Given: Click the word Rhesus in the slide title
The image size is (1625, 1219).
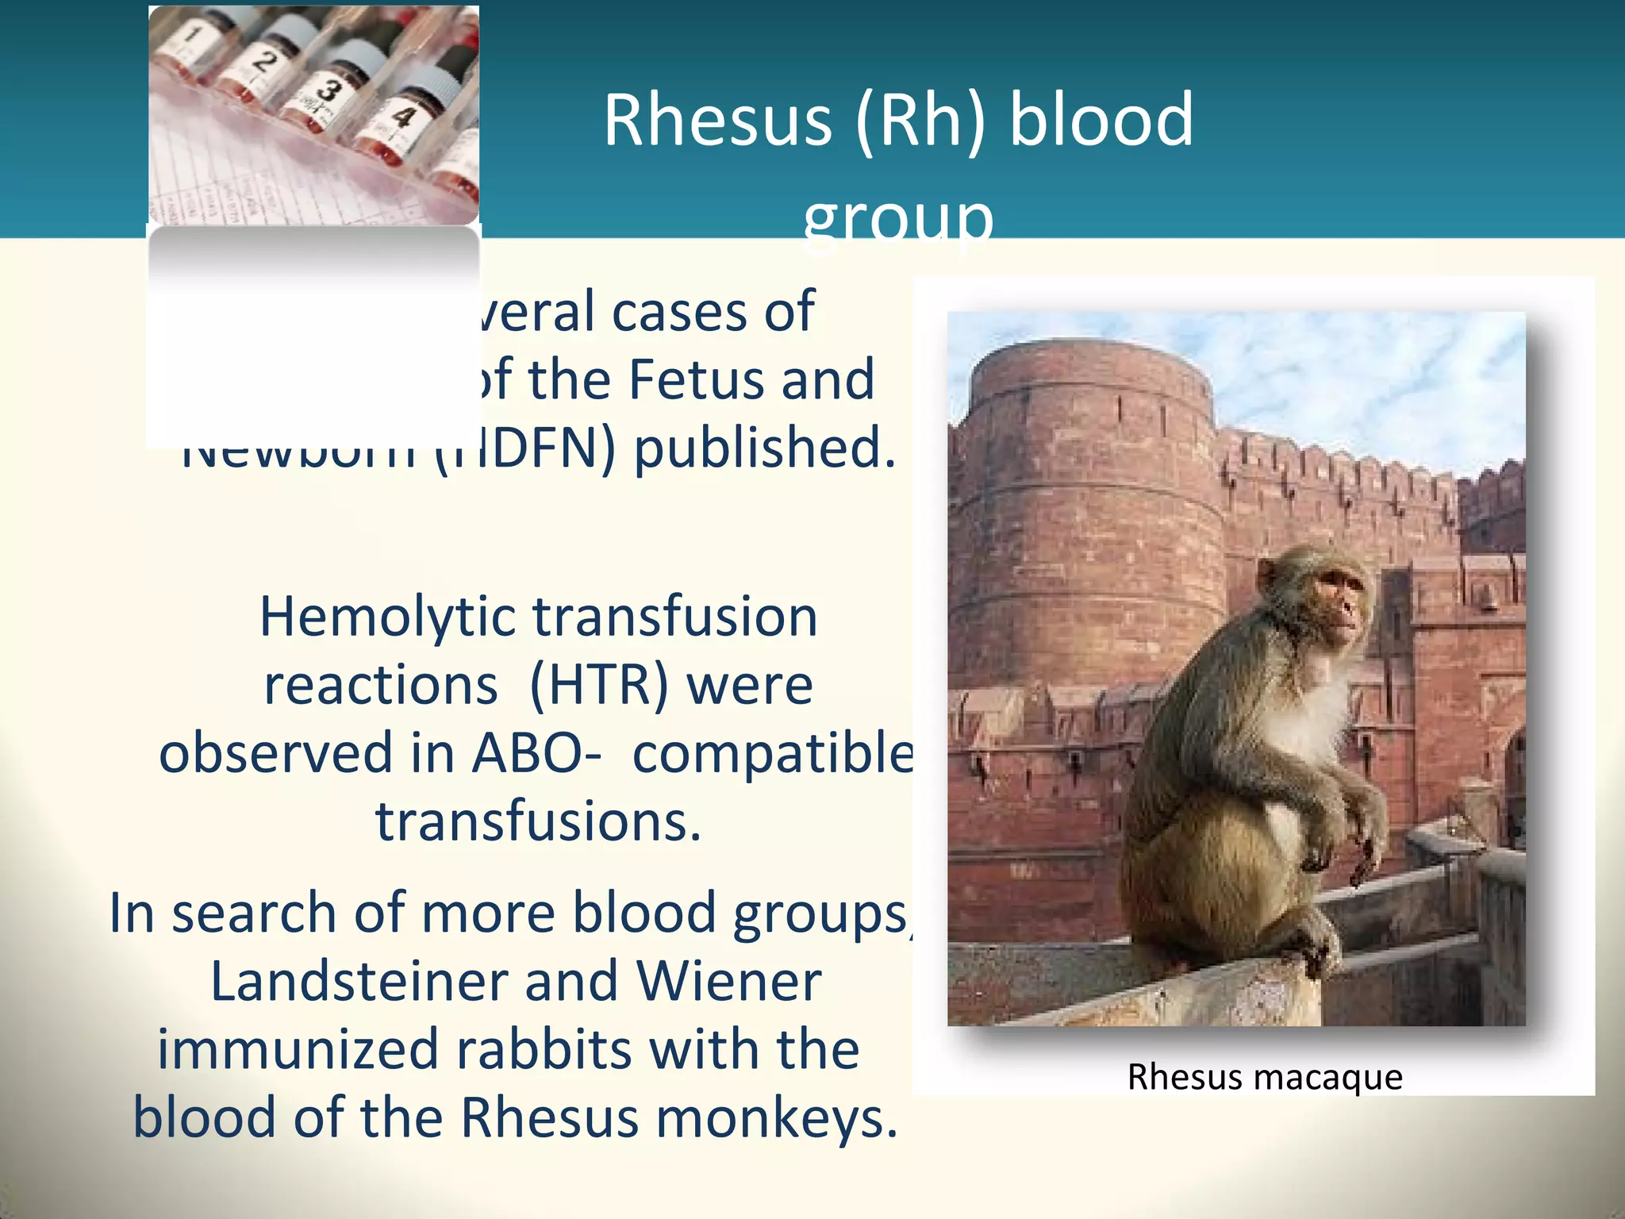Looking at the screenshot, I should pyautogui.click(x=716, y=121).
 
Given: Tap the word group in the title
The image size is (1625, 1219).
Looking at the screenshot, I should pyautogui.click(x=897, y=217).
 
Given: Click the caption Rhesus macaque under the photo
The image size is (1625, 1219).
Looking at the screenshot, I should pyautogui.click(x=1265, y=1077).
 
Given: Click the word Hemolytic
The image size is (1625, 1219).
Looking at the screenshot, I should pyautogui.click(x=386, y=617).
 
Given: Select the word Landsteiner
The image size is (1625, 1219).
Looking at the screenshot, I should pyautogui.click(x=358, y=982).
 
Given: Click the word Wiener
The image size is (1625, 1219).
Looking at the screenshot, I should pyautogui.click(x=728, y=982).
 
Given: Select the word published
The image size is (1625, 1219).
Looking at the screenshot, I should pyautogui.click(x=763, y=448).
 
